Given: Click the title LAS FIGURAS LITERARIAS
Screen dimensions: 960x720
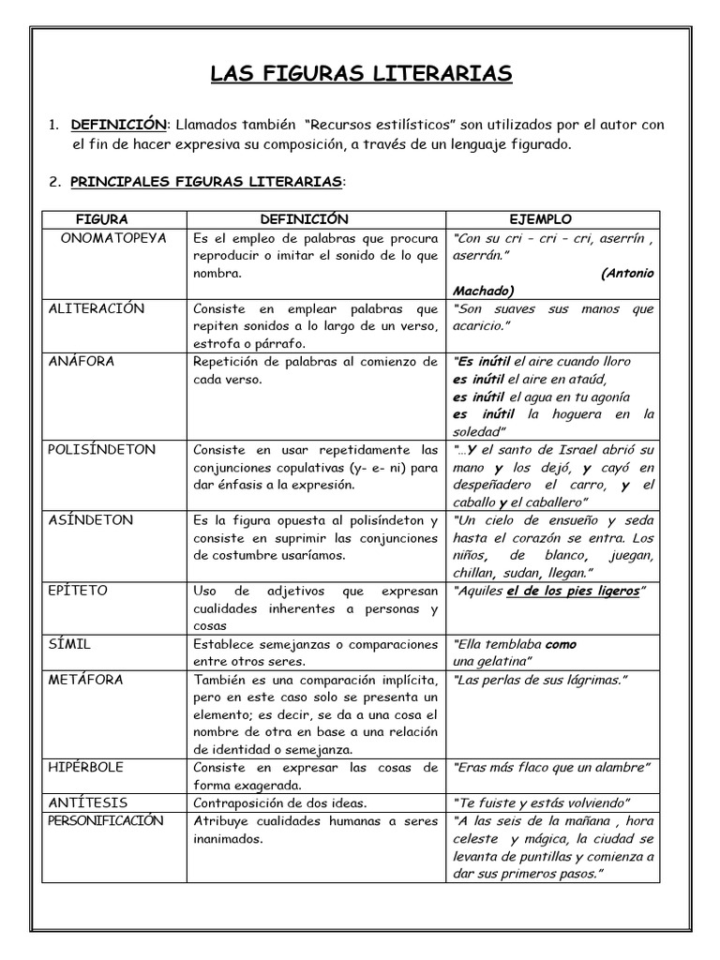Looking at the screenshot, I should pyautogui.click(x=360, y=75).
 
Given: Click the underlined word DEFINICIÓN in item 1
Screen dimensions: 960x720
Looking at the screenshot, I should pyautogui.click(x=119, y=125).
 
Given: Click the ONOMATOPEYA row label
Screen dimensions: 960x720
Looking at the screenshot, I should pyautogui.click(x=113, y=238).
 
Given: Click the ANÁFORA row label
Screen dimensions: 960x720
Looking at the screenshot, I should pyautogui.click(x=80, y=361).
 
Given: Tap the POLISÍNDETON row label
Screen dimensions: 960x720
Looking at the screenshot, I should pyautogui.click(x=101, y=449).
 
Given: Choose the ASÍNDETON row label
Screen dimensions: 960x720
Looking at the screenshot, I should pyautogui.click(x=91, y=519).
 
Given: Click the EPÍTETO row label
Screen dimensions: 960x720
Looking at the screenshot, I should pyautogui.click(x=78, y=591).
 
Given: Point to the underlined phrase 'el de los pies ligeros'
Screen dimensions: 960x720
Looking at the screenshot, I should pyautogui.click(x=573, y=592).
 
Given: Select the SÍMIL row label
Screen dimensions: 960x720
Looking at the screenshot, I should pyautogui.click(x=69, y=644).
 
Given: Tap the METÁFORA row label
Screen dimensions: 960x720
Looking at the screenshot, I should pyautogui.click(x=84, y=679).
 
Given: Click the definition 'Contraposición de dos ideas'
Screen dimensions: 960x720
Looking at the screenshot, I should pyautogui.click(x=278, y=802).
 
